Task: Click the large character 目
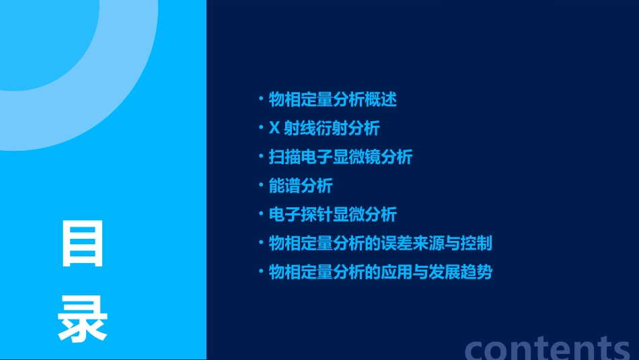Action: click(x=83, y=243)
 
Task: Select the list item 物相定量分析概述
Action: click(x=333, y=100)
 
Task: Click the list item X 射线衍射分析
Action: click(x=324, y=128)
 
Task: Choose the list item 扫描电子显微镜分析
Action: click(x=340, y=157)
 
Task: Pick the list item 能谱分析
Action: click(x=301, y=186)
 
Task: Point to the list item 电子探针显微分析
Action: click(x=333, y=215)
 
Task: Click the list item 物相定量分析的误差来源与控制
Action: click(x=381, y=243)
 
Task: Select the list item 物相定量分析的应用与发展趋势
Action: click(x=381, y=272)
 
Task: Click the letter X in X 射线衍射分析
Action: click(x=274, y=128)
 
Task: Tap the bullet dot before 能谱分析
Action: click(x=261, y=185)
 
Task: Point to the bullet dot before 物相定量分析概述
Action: click(x=261, y=99)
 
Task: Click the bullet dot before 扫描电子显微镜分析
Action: click(x=261, y=156)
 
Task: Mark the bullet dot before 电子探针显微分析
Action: click(x=261, y=214)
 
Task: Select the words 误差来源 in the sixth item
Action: click(x=420, y=243)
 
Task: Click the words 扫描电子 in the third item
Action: click(x=301, y=157)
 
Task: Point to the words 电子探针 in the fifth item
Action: click(x=301, y=215)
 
